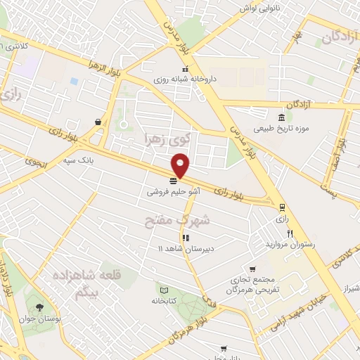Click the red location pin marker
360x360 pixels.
[181, 166]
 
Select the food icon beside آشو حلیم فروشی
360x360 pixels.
[174, 181]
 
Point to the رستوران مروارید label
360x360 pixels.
[290, 244]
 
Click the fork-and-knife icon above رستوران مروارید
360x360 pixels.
[290, 233]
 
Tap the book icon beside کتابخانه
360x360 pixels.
[164, 290]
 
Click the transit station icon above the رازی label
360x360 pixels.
[282, 207]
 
